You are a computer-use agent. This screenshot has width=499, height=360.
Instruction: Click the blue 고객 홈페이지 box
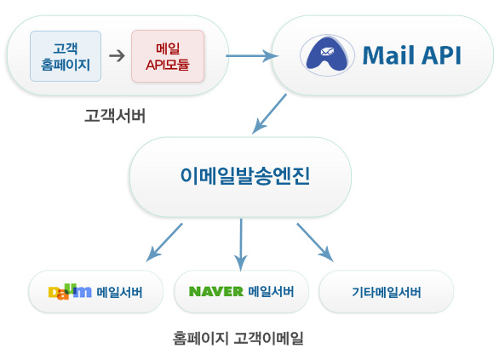(x=66, y=56)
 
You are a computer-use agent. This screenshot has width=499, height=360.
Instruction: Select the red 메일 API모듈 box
(x=168, y=56)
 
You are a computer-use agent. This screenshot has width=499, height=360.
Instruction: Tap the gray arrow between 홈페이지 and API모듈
(x=118, y=56)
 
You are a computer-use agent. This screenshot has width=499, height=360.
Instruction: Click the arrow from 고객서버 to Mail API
(x=252, y=56)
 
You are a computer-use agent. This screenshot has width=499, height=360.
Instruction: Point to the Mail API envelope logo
(x=327, y=55)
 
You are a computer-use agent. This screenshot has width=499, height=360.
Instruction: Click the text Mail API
(x=412, y=55)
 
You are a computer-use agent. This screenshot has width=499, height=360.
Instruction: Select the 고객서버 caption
(x=115, y=116)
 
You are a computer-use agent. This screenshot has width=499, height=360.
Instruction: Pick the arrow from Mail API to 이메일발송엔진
(x=269, y=113)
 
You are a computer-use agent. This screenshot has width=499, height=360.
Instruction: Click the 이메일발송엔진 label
(x=245, y=176)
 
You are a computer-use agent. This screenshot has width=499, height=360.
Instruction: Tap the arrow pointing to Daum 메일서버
(x=164, y=243)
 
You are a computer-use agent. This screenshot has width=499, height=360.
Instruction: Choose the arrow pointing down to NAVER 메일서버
(x=241, y=244)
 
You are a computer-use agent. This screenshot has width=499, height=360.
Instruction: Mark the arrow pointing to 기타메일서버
(x=315, y=243)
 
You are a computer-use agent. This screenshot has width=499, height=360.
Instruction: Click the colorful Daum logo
(x=70, y=292)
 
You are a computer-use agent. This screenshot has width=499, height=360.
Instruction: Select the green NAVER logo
(x=216, y=291)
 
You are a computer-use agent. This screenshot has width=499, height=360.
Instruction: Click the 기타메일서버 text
(x=387, y=292)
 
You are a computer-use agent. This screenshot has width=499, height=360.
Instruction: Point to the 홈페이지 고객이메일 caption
(x=238, y=338)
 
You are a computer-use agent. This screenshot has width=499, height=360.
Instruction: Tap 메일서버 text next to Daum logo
(x=119, y=292)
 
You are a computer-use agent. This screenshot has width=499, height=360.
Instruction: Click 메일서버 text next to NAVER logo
(x=271, y=291)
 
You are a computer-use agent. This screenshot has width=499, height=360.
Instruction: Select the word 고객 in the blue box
(x=66, y=49)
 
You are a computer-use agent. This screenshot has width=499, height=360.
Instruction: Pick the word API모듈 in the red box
(x=168, y=65)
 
